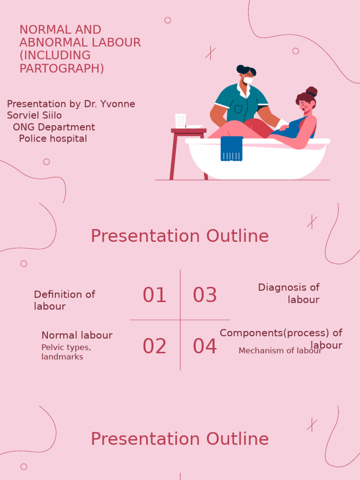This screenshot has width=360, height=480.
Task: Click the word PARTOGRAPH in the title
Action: tap(61, 68)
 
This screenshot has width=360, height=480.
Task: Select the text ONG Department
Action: tap(54, 127)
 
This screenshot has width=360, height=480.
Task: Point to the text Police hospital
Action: tap(53, 139)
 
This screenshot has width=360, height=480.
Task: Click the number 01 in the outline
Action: tap(154, 295)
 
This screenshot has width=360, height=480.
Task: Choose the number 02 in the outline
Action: tap(154, 346)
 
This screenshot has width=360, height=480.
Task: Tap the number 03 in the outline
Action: tap(205, 295)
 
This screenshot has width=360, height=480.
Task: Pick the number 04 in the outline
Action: tap(205, 346)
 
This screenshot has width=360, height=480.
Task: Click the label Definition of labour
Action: tap(64, 300)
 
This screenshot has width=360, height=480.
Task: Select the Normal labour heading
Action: tap(77, 335)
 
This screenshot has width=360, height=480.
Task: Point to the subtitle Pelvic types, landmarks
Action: tap(66, 352)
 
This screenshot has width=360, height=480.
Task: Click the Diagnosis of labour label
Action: tap(289, 293)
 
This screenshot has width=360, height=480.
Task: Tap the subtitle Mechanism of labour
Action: tap(280, 351)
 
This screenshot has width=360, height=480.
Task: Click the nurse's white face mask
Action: tap(248, 81)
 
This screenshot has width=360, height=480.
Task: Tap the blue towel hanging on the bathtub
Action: tap(232, 149)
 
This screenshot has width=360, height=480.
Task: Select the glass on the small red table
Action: tap(180, 120)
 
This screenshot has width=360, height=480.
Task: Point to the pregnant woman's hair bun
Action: tap(312, 91)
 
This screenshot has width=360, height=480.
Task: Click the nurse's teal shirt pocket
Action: tap(239, 109)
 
